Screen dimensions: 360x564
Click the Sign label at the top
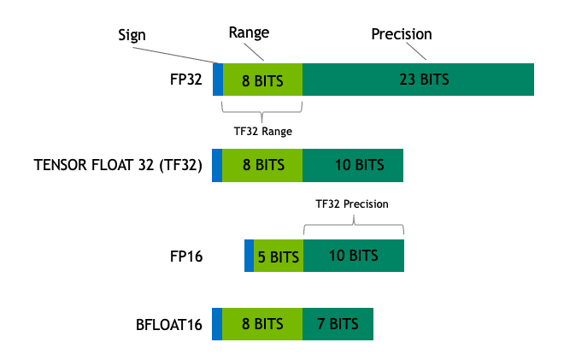[132, 36]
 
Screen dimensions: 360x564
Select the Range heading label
[249, 32]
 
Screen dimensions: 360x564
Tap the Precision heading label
[401, 34]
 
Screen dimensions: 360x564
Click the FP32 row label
[185, 80]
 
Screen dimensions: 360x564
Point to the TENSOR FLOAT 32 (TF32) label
[118, 165]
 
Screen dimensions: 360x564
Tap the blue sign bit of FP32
[218, 80]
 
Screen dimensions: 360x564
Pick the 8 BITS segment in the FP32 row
[262, 80]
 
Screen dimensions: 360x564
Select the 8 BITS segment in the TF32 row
[262, 165]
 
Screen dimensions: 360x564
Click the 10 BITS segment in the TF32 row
[353, 165]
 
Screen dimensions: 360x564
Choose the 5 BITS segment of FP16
[279, 256]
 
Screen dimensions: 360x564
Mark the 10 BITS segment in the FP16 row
[353, 256]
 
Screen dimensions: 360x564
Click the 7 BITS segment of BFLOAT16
[338, 324]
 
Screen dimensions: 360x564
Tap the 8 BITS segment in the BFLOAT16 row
[262, 324]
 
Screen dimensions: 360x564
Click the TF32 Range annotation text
[262, 132]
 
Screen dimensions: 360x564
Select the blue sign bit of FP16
[249, 256]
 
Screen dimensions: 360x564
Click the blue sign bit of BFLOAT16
[217, 324]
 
